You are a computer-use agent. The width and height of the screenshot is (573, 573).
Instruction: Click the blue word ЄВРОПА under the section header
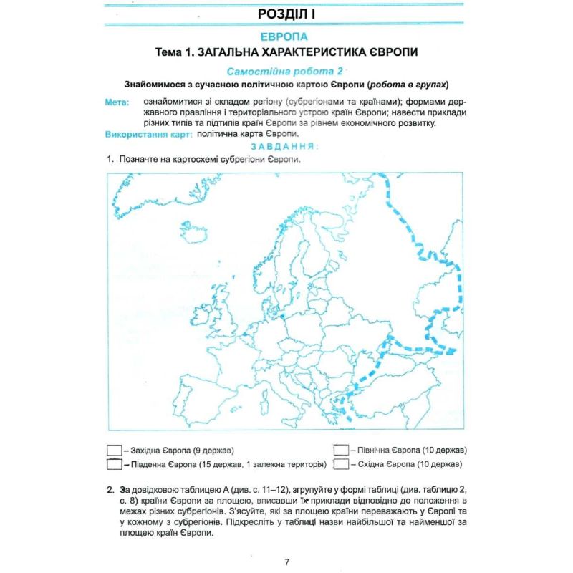click(285, 37)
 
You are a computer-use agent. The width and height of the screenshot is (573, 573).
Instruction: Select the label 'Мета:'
click(117, 102)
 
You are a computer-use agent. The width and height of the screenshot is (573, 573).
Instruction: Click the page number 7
click(286, 561)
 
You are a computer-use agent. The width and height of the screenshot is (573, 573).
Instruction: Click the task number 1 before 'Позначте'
click(110, 159)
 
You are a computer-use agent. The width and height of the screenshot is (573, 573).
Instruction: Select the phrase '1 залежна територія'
click(284, 464)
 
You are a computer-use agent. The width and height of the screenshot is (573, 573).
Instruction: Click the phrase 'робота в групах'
click(415, 83)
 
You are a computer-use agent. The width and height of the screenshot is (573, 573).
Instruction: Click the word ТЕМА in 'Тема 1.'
click(170, 52)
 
